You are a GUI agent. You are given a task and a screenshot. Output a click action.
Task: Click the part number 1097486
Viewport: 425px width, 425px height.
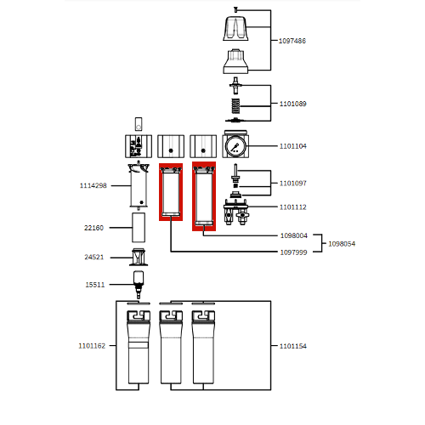293,41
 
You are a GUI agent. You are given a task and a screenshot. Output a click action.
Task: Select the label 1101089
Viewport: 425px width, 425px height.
293,104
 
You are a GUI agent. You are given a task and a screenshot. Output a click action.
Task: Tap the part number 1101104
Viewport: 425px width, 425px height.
293,146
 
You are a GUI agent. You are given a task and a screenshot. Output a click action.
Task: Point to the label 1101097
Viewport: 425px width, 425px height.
293,183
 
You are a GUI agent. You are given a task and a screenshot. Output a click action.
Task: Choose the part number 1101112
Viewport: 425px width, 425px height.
293,207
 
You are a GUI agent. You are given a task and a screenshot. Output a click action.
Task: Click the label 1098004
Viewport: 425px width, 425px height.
293,235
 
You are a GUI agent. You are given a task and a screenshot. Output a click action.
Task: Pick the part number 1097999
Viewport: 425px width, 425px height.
293,252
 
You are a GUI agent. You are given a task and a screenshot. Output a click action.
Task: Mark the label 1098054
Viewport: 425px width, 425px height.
342,244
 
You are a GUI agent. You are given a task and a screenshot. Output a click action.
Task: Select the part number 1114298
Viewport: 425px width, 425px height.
93,185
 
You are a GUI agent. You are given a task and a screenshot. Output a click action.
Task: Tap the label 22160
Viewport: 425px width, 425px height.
93,228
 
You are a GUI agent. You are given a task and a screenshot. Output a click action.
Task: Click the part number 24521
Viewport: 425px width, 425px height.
93,257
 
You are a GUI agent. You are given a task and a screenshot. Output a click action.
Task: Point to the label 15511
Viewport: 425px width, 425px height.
93,285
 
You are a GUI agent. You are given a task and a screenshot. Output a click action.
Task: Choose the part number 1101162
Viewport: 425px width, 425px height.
92,346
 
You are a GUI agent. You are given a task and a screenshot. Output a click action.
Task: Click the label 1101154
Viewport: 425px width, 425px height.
293,346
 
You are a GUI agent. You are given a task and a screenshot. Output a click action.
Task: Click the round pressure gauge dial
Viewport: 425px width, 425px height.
235,146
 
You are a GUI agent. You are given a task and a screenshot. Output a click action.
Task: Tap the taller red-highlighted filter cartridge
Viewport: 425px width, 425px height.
204,195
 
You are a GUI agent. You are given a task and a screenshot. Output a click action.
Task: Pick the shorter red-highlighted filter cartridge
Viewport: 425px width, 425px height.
171,191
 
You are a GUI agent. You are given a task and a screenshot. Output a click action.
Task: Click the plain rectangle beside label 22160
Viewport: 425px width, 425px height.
138,228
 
